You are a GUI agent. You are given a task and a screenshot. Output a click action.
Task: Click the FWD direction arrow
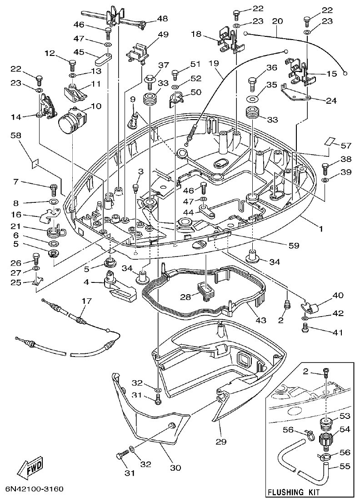[x=30, y=466]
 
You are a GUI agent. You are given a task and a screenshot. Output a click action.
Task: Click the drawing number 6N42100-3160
[x=34, y=489]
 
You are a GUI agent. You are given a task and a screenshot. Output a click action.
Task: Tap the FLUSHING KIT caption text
[x=293, y=492]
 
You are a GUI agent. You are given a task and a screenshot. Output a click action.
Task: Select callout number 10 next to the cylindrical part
[x=95, y=106]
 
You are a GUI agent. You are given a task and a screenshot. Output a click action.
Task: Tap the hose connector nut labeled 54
[x=326, y=440]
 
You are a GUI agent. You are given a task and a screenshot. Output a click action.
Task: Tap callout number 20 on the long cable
[x=277, y=21]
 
